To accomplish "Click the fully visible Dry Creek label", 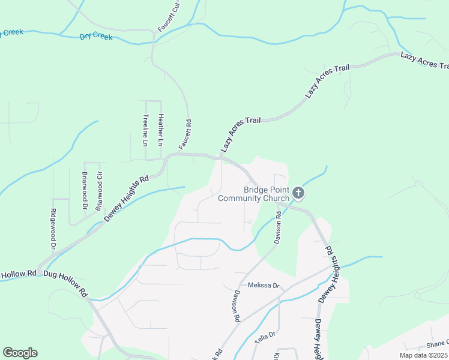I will click(x=96, y=37).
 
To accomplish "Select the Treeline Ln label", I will click(x=145, y=131).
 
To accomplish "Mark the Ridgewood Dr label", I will click(x=53, y=229).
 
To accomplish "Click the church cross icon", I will click(x=299, y=193).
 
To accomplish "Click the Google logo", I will click(x=20, y=353).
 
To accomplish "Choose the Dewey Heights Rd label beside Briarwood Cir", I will click(x=126, y=199).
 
